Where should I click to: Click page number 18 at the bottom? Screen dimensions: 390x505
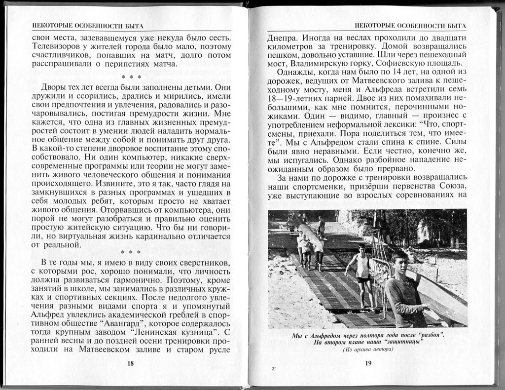[131, 363]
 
